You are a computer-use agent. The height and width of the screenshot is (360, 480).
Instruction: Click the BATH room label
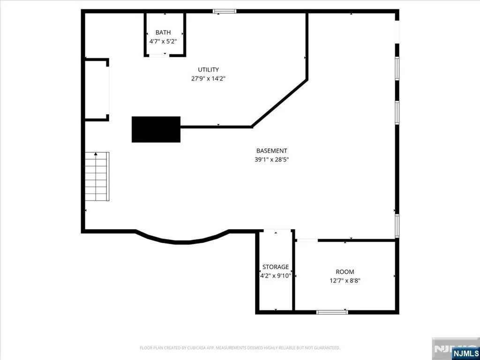[x=163, y=32]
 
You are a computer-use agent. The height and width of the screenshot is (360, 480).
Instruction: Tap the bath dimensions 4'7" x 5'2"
[x=163, y=41]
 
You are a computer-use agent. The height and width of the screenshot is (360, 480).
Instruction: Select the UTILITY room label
[x=208, y=70]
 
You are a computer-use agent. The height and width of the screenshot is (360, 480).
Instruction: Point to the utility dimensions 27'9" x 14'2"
[x=208, y=79]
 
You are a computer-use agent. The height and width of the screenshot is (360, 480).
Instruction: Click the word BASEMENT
[x=271, y=150]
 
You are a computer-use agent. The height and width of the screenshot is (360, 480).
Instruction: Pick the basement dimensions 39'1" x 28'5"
[x=271, y=159]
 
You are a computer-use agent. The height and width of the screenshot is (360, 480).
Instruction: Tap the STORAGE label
[x=276, y=267]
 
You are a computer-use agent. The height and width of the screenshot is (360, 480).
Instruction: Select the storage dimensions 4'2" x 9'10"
[x=276, y=276]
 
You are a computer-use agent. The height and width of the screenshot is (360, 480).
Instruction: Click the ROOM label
[x=345, y=272]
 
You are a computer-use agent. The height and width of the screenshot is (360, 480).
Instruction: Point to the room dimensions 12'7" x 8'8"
[x=345, y=280]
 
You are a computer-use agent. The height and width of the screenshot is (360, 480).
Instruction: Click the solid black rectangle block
[x=156, y=129]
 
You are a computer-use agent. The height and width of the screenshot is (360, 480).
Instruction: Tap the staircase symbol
[x=97, y=176]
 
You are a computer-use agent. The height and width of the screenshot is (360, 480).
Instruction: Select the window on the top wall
[x=225, y=11]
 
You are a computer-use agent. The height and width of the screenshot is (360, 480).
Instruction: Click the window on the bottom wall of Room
[x=332, y=312]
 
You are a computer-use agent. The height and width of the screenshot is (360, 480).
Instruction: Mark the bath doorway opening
[x=158, y=55]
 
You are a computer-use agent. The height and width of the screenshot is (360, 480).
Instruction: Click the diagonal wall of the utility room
[x=279, y=103]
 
